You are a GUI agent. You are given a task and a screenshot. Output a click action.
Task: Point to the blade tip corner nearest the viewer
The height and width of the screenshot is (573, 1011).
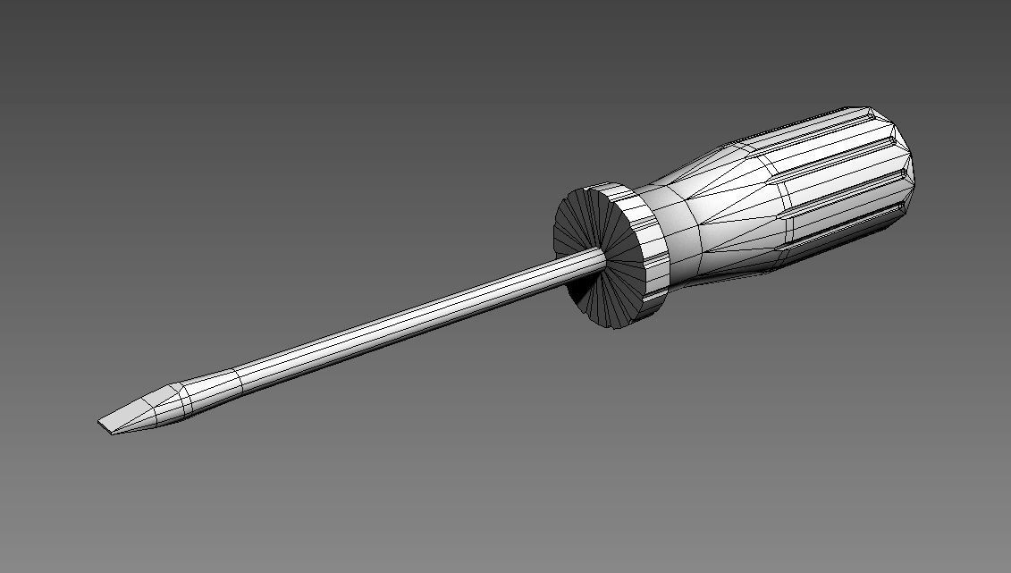tap(113, 435)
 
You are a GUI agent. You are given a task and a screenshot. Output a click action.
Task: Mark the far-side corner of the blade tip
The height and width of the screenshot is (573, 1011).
tap(98, 422)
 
